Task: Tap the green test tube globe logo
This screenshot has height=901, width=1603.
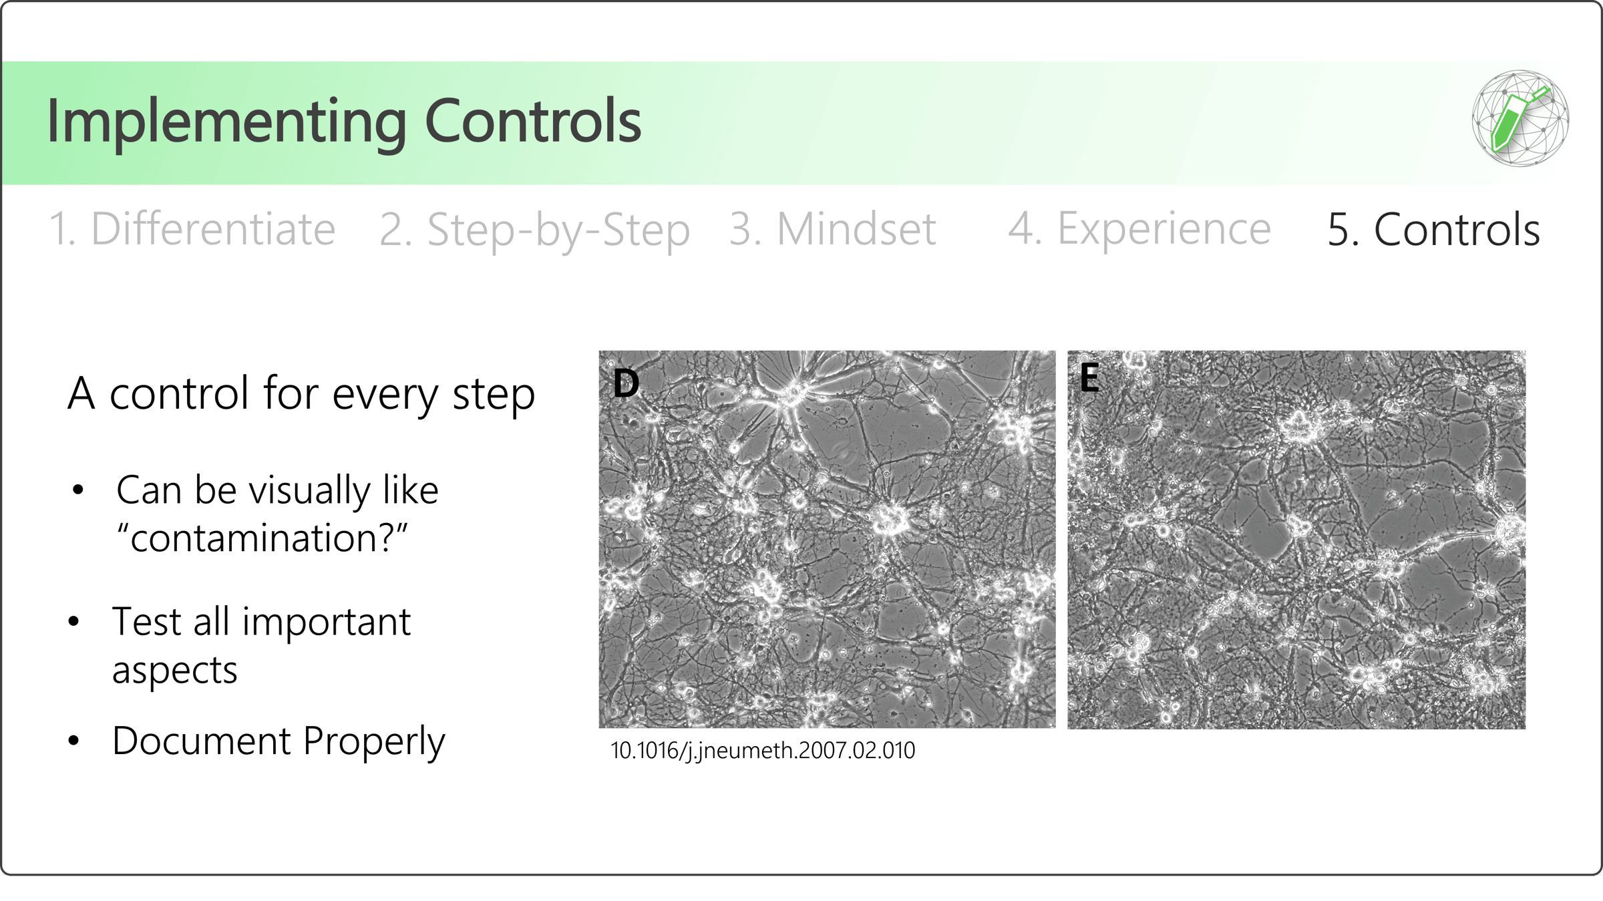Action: point(1520,118)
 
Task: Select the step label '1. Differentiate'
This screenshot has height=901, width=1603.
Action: point(192,229)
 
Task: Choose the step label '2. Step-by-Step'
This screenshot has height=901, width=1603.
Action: point(534,231)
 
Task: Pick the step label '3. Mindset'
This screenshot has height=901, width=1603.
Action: point(832,229)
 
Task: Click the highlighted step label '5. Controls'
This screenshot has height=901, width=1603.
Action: point(1434,229)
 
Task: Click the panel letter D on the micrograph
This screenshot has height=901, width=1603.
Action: point(626,383)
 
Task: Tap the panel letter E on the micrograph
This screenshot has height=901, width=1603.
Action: point(1089,377)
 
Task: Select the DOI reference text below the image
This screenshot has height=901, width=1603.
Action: point(763,751)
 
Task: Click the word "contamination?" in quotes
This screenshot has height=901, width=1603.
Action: point(262,538)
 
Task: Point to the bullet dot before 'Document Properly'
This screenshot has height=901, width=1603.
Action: point(74,740)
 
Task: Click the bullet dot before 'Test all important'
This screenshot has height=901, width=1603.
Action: point(74,621)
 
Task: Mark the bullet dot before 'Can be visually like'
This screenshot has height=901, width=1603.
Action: point(78,490)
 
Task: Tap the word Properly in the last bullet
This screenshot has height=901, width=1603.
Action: point(374,742)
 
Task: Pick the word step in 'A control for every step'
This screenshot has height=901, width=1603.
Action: point(494,395)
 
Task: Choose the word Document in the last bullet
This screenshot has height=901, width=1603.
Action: point(202,741)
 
